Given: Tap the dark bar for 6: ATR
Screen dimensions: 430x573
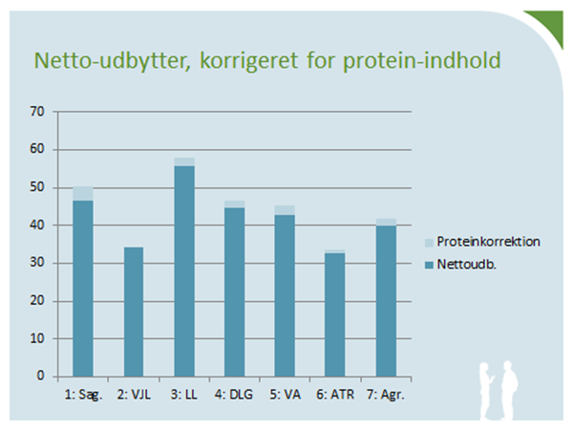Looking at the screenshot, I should pyautogui.click(x=334, y=314).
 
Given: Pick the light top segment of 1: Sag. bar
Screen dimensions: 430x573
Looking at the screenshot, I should pyautogui.click(x=83, y=193).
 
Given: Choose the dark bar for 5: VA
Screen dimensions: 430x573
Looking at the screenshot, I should pyautogui.click(x=285, y=295).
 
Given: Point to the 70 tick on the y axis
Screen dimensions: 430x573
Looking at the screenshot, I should pyautogui.click(x=38, y=112).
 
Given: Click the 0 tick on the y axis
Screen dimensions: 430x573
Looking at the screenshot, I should pyautogui.click(x=42, y=376).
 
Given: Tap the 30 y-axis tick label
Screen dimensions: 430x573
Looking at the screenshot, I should pyautogui.click(x=38, y=263).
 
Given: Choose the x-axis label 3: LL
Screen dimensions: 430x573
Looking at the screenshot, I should pyautogui.click(x=183, y=392).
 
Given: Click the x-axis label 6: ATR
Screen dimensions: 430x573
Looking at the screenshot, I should pyautogui.click(x=334, y=392).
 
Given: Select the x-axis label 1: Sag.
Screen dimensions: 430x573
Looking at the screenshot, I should pyautogui.click(x=83, y=392).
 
